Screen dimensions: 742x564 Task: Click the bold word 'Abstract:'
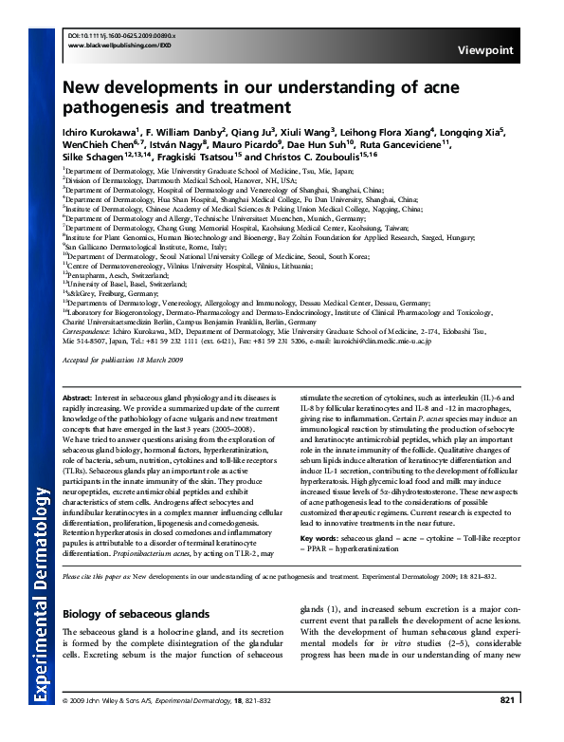coord(77,398)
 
